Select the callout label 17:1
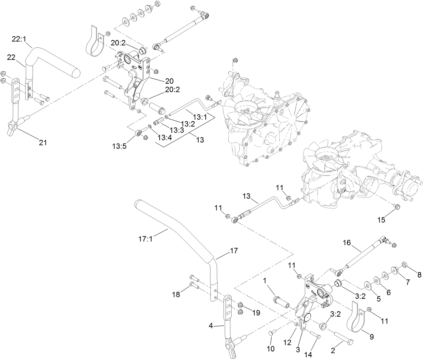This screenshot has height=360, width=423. tap(145, 240)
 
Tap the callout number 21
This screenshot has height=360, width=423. tap(43, 143)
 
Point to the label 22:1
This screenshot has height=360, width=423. tap(19, 39)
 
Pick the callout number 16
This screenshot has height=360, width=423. tap(346, 242)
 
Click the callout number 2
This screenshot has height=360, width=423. tap(333, 351)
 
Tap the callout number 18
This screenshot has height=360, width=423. tap(176, 294)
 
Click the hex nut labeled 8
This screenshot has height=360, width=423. tap(405, 265)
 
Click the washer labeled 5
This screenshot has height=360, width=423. tap(368, 286)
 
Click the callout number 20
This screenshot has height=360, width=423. tap(169, 81)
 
